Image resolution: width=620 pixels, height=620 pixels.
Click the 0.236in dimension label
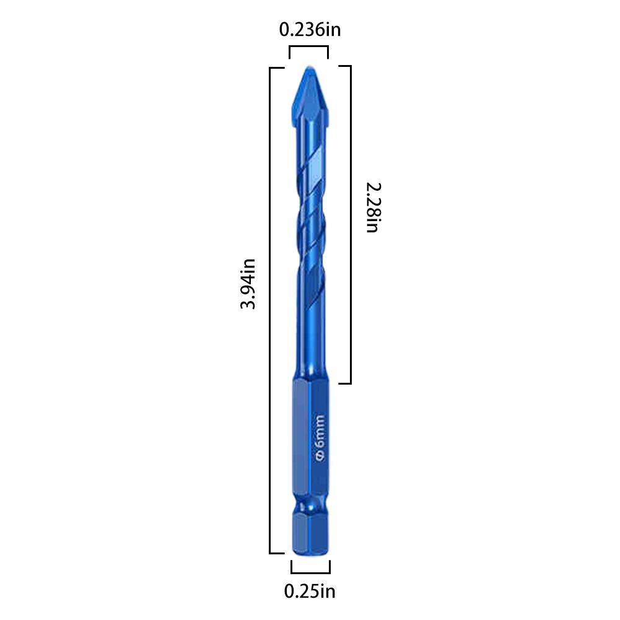(x=310, y=30)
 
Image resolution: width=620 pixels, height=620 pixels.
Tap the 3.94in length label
(x=248, y=284)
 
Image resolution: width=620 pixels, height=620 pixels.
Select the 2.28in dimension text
(x=373, y=207)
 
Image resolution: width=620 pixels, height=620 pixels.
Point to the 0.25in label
(x=310, y=592)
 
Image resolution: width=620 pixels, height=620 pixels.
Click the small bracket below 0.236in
(x=308, y=46)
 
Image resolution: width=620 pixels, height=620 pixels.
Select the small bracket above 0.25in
(x=310, y=572)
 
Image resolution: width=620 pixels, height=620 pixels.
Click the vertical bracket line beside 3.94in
(x=270, y=310)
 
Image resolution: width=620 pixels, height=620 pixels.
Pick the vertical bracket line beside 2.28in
(x=351, y=224)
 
